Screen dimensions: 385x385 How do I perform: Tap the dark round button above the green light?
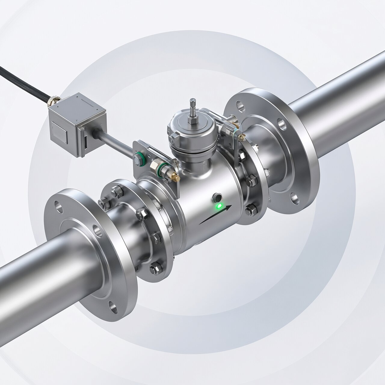coord(217,198)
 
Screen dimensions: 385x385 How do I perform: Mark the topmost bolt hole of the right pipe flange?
coord(240,106)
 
